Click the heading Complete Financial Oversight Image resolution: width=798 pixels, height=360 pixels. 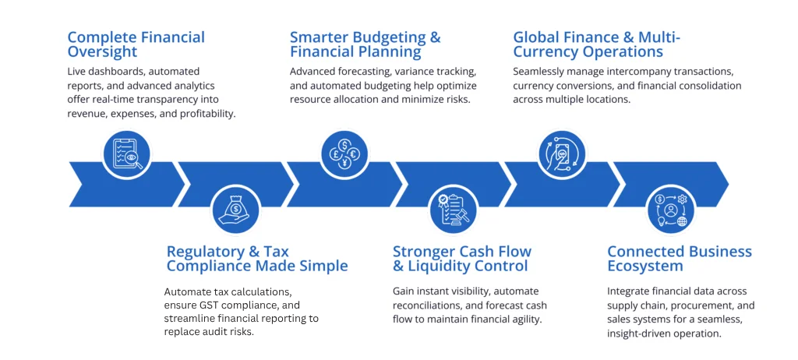(136, 44)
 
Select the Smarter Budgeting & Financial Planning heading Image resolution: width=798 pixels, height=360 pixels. (365, 44)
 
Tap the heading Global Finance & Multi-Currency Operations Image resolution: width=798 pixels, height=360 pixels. (596, 44)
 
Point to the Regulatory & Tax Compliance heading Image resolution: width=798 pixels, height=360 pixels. (257, 259)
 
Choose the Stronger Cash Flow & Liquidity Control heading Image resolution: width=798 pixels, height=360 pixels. (462, 259)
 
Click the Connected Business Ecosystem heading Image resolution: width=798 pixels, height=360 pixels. (680, 259)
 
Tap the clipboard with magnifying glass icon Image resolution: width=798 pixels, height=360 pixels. (127, 151)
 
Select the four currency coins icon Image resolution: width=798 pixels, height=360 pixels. (344, 151)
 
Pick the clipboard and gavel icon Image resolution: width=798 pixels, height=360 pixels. (454, 209)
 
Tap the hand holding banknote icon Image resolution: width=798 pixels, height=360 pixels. (563, 151)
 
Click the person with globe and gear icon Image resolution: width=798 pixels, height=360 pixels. (671, 209)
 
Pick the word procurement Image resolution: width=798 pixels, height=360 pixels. (704, 305)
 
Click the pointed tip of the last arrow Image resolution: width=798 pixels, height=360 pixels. (729, 185)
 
